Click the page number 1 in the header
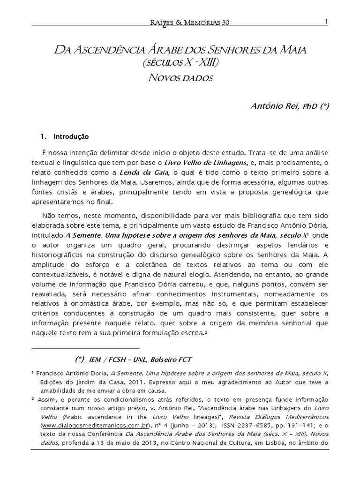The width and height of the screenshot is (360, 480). [x=326, y=21]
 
